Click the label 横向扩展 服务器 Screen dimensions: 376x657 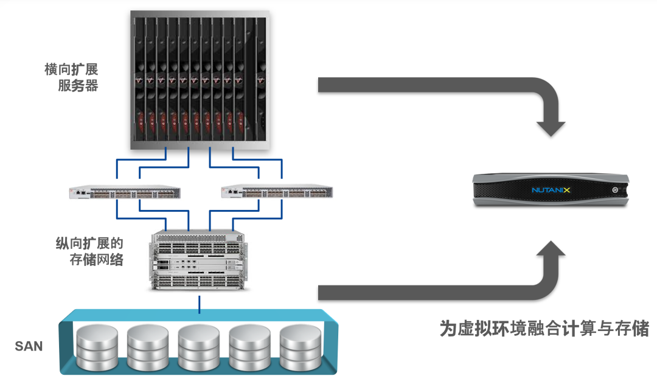tap(71, 77)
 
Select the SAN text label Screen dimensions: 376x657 tap(29, 347)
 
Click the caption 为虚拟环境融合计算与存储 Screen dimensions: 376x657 tap(544, 329)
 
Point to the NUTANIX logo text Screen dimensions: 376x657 tap(551, 190)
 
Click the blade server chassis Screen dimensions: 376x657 tap(200, 80)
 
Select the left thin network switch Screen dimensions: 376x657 tap(125, 193)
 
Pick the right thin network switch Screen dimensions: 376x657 tap(277, 193)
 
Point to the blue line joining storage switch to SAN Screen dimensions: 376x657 tap(200, 303)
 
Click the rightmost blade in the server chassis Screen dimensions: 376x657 tap(260, 79)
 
